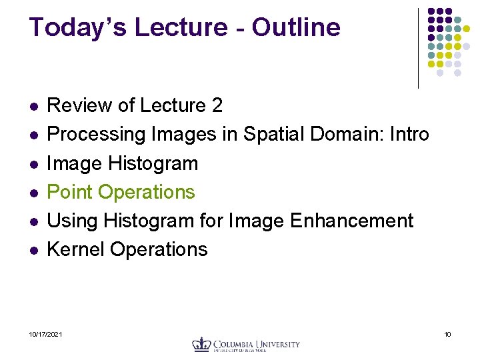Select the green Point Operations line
click(x=121, y=192)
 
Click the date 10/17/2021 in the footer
click(x=46, y=334)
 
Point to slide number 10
click(x=447, y=334)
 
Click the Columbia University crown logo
click(x=201, y=345)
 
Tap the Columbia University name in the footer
click(x=256, y=345)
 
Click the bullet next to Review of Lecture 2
click(x=34, y=107)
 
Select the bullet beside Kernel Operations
click(x=34, y=250)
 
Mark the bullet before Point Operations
click(x=34, y=193)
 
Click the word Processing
click(x=97, y=135)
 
